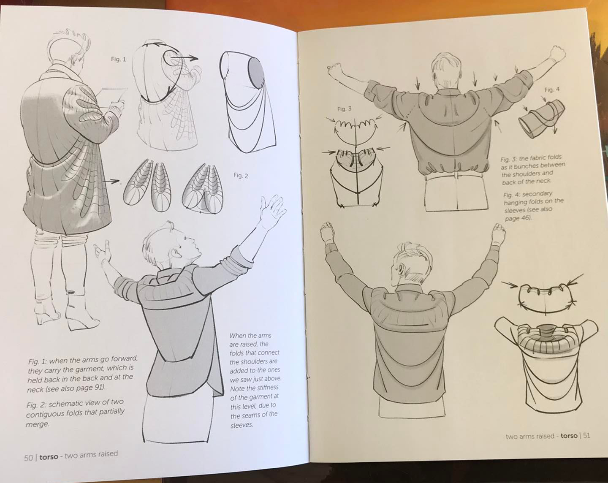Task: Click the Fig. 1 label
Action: pos(118,60)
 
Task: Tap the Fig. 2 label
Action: pos(241,176)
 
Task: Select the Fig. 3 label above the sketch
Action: pos(344,109)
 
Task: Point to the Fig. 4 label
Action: pos(552,90)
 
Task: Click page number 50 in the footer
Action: pos(28,458)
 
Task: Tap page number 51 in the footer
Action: pos(586,436)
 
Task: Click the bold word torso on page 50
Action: pos(49,457)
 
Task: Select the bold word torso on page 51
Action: pos(568,436)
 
